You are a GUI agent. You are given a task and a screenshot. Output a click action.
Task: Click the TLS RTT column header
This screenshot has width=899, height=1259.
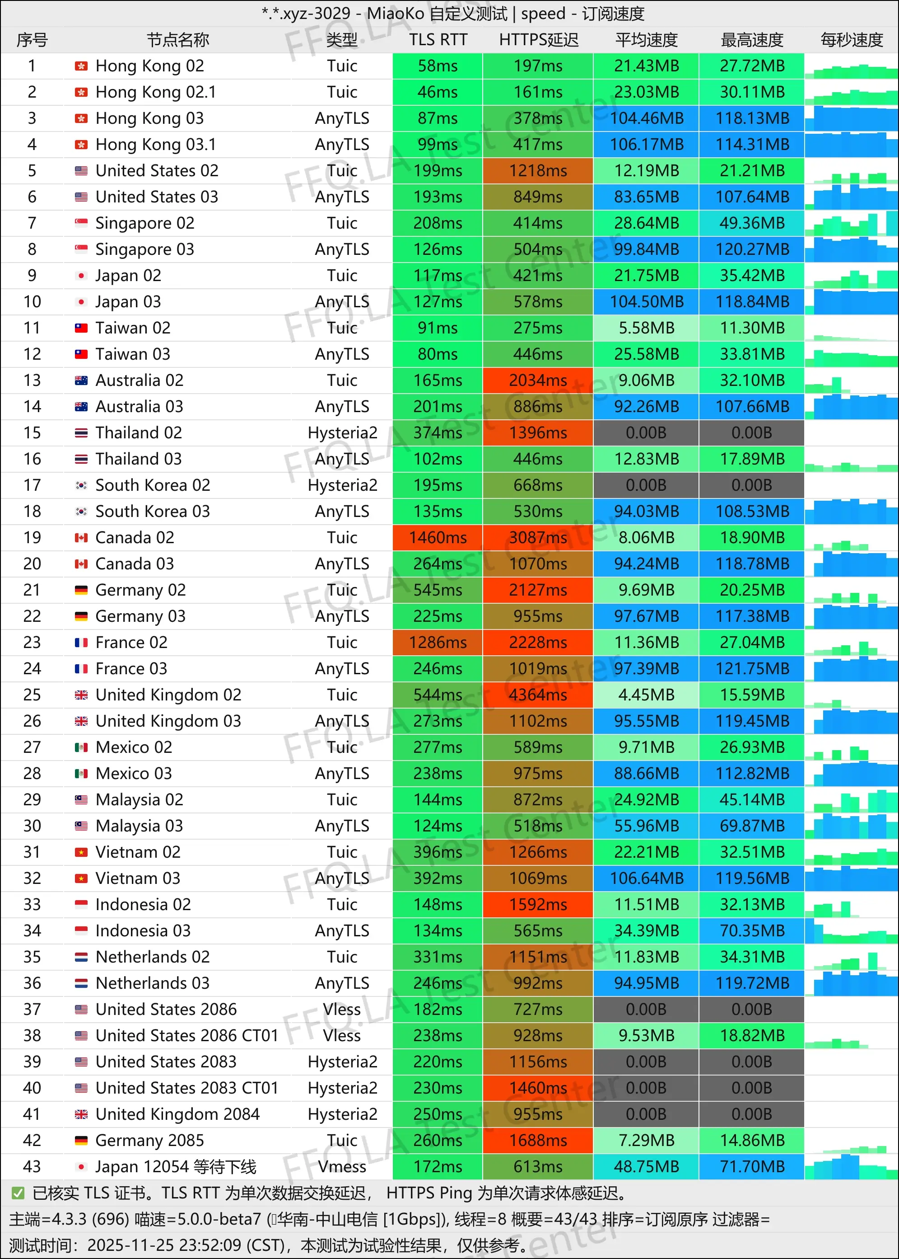(438, 40)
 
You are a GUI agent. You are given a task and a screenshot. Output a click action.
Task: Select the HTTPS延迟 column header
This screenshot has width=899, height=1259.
(538, 40)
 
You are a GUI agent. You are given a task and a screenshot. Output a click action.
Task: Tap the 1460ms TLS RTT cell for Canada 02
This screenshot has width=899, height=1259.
(438, 537)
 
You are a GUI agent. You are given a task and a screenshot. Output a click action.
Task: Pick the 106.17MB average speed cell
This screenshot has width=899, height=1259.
(646, 144)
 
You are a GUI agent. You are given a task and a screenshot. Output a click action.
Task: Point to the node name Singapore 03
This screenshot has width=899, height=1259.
(144, 249)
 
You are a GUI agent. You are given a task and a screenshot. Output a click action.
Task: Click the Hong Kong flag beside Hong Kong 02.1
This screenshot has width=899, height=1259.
(81, 92)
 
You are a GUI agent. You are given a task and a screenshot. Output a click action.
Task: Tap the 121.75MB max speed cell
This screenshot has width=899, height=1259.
(752, 668)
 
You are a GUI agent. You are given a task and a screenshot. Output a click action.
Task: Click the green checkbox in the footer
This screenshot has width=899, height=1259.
(18, 1193)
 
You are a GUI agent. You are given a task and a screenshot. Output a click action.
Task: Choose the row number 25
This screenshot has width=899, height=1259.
(32, 695)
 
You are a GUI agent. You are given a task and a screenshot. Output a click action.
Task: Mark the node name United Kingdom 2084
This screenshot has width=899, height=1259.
(177, 1114)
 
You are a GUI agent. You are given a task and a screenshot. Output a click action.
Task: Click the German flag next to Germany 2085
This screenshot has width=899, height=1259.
(81, 1141)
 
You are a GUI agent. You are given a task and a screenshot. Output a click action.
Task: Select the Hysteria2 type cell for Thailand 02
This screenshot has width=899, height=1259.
(342, 432)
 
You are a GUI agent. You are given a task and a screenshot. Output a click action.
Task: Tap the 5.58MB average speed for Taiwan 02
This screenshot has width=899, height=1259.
(646, 328)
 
